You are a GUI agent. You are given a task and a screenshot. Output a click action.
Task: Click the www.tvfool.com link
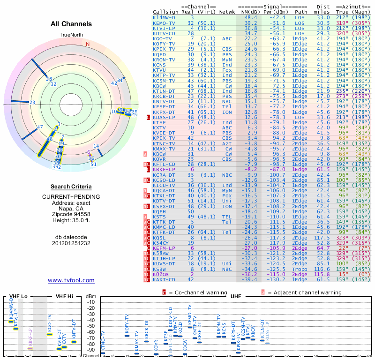pyautogui.click(x=71, y=280)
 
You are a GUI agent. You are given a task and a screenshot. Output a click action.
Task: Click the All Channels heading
pyautogui.click(x=71, y=24)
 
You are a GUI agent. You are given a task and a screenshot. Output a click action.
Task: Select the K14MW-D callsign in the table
pyautogui.click(x=165, y=17)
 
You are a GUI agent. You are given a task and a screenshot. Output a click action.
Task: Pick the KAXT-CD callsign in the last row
pyautogui.click(x=165, y=279)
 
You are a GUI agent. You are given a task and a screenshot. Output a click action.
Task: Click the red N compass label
pyautogui.click(x=87, y=45)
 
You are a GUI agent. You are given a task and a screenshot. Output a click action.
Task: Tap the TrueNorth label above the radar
pyautogui.click(x=71, y=35)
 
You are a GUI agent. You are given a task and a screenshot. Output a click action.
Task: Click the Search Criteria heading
pyautogui.click(x=71, y=187)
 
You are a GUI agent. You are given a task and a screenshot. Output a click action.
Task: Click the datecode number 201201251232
pyautogui.click(x=71, y=243)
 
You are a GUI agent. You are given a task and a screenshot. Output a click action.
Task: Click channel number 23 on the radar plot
pyautogui.click(x=32, y=102)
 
